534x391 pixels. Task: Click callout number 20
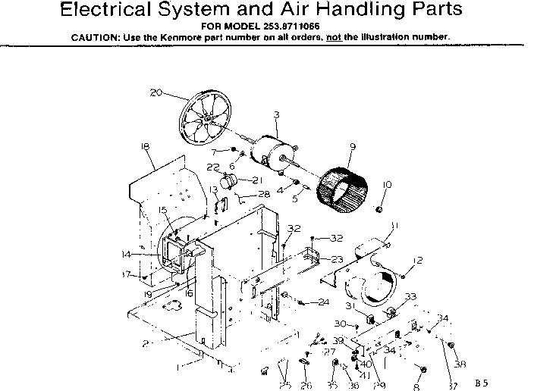(x=156, y=93)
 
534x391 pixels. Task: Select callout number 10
(x=387, y=184)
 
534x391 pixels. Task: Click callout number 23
(x=337, y=259)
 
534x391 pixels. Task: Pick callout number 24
(x=324, y=302)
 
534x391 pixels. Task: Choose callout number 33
(x=410, y=296)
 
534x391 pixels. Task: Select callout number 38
(x=460, y=364)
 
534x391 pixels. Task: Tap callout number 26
(x=306, y=385)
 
